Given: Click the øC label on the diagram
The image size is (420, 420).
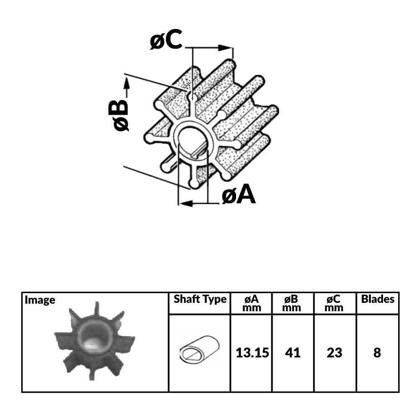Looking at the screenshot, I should [166, 41].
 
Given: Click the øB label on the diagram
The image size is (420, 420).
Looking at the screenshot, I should [117, 115].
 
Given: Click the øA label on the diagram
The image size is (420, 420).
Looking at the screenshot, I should [239, 194].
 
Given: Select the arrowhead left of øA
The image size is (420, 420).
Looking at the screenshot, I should [184, 203].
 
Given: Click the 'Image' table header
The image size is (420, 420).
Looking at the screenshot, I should [40, 300].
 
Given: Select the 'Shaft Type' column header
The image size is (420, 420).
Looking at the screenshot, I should [200, 299].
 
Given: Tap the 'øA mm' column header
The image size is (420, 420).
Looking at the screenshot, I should [252, 303].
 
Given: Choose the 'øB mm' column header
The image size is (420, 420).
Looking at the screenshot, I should [293, 303].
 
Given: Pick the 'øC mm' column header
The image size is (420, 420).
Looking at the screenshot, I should [335, 303].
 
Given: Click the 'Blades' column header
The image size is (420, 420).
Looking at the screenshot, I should [378, 299].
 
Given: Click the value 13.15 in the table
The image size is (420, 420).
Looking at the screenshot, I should [252, 353].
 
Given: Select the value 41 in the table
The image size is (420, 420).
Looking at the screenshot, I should [293, 353].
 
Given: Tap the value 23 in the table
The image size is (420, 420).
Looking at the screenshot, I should [335, 353].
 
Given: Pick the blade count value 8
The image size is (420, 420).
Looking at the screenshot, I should [377, 353].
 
